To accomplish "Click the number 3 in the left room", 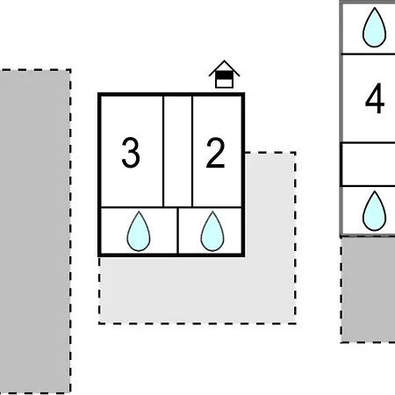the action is click(131, 153).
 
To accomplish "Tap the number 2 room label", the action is click(215, 153).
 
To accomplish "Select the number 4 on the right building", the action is click(375, 98).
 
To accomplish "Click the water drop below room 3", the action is click(139, 231).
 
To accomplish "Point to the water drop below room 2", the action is click(212, 231).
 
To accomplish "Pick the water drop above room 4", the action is click(374, 27).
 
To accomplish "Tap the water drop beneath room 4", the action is click(374, 211).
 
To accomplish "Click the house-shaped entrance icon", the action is click(225, 75).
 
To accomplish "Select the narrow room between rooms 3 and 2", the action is click(178, 151).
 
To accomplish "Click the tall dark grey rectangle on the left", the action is click(35, 231).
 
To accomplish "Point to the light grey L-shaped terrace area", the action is click(270, 290).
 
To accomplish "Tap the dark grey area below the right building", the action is click(368, 290).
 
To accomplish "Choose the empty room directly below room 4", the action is click(369, 164).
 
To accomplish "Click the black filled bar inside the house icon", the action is click(225, 75).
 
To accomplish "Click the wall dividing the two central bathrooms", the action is click(177, 231).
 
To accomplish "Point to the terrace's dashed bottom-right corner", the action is click(295, 323).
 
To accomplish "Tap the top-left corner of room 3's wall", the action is click(99, 95).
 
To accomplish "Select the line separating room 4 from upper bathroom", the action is click(369, 54).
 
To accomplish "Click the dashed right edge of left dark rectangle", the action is click(70, 231).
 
